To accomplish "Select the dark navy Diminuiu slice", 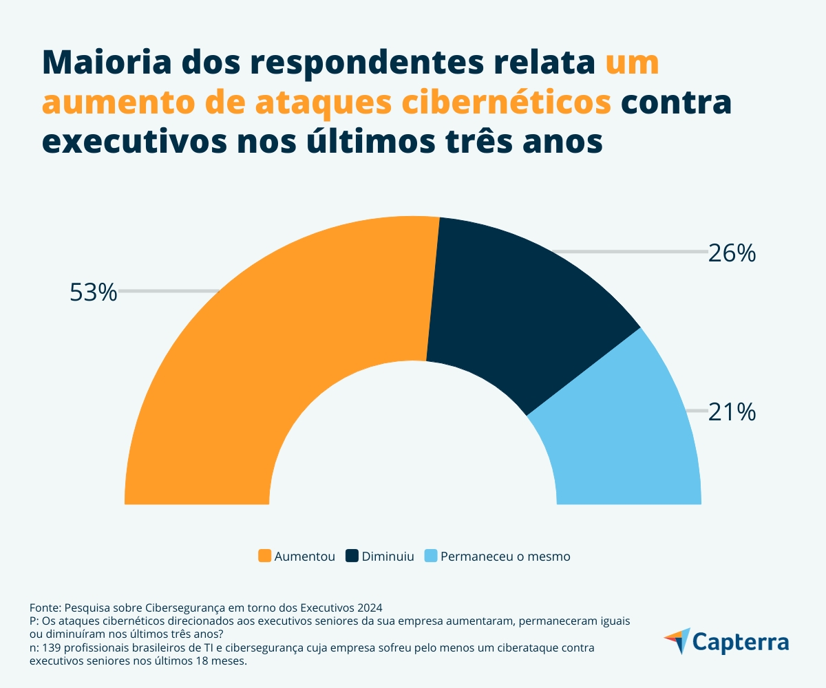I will (x=523, y=303).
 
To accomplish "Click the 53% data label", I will (x=94, y=292).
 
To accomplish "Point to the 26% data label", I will (x=732, y=254).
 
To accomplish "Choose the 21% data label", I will (x=732, y=412).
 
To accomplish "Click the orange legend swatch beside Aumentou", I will (x=264, y=556).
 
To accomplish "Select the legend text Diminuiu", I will (x=388, y=557).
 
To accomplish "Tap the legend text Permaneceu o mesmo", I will (x=505, y=557).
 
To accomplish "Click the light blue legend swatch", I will (x=430, y=556).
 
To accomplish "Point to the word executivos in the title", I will (x=127, y=142).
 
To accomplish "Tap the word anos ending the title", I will (x=562, y=142).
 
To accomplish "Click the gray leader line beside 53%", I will (x=169, y=292).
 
